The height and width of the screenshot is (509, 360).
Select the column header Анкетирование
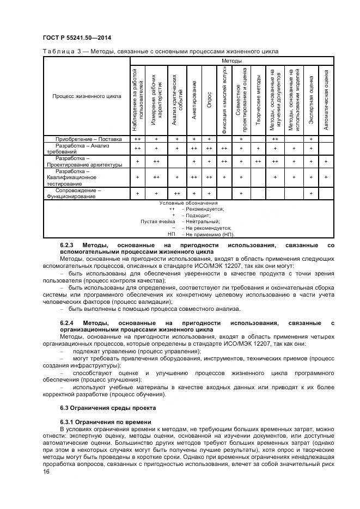click(194, 100)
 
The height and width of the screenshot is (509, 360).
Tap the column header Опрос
click(209, 100)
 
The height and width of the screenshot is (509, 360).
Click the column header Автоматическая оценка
click(326, 100)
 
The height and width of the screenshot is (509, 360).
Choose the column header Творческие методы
click(258, 100)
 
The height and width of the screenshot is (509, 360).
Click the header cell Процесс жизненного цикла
click(87, 96)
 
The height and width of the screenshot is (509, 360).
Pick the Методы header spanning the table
click(231, 61)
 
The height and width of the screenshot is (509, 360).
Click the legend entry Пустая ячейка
click(157, 222)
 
